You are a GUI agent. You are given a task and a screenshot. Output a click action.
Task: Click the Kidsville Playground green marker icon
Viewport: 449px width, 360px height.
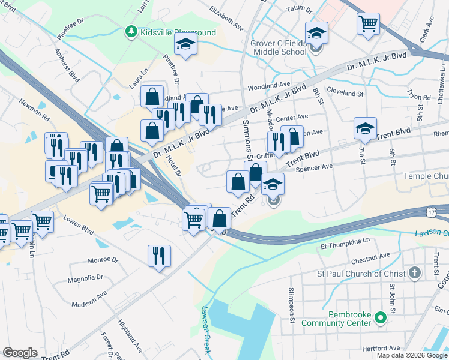(131, 31)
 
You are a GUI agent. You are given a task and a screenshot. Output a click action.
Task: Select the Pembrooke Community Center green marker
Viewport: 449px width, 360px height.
(379, 317)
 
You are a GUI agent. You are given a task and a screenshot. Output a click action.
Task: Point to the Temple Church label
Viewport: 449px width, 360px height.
(426, 176)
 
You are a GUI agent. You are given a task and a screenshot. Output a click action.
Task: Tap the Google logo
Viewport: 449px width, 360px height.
(20, 353)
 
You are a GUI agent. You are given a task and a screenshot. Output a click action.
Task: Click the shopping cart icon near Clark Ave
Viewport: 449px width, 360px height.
(368, 25)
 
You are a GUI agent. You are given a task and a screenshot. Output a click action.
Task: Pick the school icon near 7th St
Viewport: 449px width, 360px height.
(365, 128)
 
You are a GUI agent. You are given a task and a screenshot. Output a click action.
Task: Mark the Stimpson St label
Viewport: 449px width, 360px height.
(292, 308)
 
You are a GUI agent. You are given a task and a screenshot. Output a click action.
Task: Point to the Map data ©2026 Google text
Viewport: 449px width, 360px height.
(411, 355)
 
